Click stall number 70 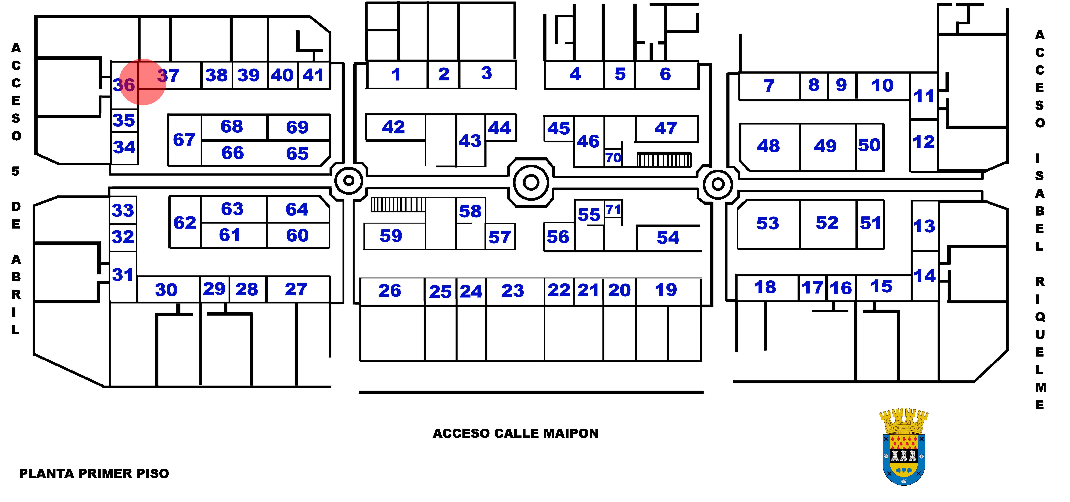click(613, 158)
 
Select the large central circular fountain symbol click(531, 182)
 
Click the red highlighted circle click(143, 82)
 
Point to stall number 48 click(769, 146)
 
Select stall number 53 click(768, 223)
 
